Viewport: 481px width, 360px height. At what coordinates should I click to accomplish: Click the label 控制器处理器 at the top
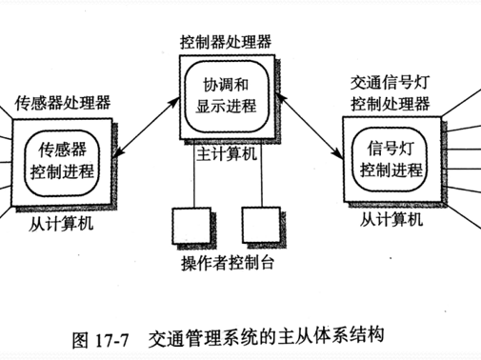[226, 42]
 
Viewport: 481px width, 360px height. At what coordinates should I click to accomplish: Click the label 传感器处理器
[62, 101]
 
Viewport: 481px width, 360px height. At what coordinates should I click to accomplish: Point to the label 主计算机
[226, 153]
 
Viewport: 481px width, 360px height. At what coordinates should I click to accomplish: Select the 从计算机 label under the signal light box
[391, 221]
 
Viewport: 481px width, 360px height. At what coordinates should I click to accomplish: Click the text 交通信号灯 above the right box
[391, 83]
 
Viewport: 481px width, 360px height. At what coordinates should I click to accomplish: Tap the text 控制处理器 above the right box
[391, 102]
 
